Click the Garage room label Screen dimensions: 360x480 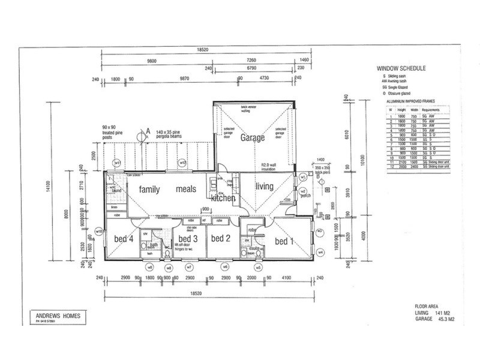[x=253, y=137]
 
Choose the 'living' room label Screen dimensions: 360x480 [x=265, y=187]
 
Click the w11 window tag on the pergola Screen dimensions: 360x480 [x=118, y=163]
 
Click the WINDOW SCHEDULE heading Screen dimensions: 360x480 [x=401, y=69]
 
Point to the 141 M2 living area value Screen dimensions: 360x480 [x=446, y=313]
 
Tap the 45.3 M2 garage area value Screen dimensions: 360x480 [x=446, y=319]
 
